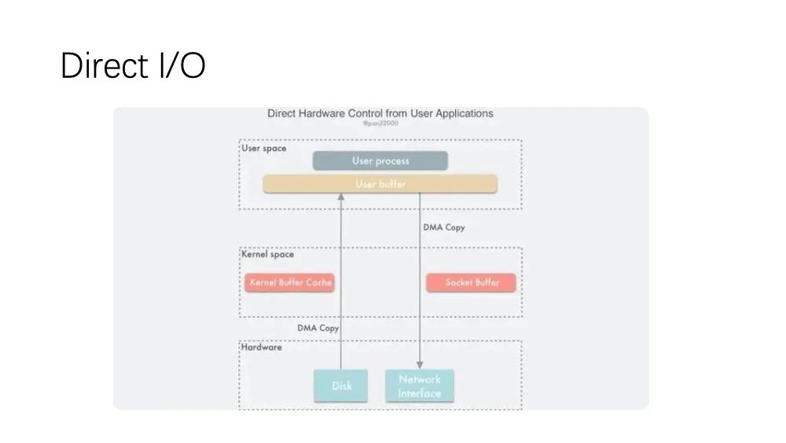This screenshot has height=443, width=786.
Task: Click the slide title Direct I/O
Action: (x=132, y=65)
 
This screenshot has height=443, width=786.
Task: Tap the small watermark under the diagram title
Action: (x=380, y=124)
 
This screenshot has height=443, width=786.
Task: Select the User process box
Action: (x=380, y=161)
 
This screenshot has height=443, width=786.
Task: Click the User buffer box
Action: (x=380, y=184)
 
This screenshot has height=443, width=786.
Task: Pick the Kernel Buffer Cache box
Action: (x=290, y=282)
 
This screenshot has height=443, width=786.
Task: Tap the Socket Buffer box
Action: (x=472, y=282)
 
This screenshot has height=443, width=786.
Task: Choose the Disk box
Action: (x=341, y=386)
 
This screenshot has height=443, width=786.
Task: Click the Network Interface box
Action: (x=420, y=386)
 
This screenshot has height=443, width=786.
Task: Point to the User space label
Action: (x=263, y=148)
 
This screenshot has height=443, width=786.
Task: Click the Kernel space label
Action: (x=267, y=254)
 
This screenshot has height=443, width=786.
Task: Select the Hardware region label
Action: (x=262, y=346)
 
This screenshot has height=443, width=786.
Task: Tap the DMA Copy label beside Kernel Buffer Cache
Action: (x=318, y=328)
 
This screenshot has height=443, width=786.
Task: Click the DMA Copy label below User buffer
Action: (x=444, y=227)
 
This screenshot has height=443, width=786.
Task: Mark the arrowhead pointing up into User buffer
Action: (x=341, y=198)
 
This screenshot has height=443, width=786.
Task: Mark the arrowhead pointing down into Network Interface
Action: (x=420, y=365)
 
